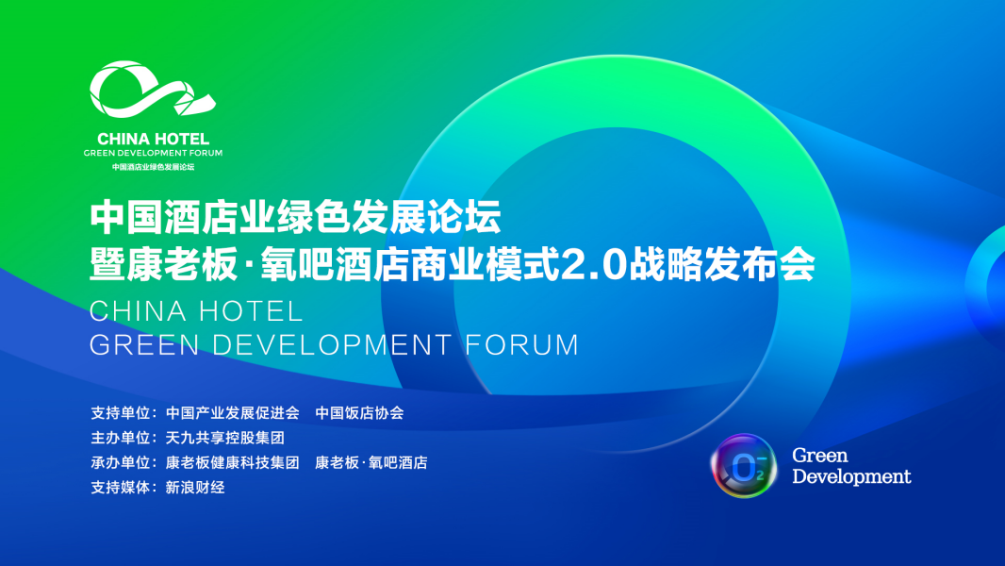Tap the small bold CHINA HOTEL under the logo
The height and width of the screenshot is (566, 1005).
(x=153, y=139)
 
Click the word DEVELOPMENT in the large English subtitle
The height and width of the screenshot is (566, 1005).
(x=332, y=344)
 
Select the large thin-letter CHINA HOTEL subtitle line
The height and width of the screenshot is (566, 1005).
(x=196, y=310)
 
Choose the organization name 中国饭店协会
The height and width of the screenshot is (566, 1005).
(x=359, y=413)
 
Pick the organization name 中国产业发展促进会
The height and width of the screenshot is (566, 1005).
(x=233, y=413)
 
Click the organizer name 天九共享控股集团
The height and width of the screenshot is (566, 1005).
(x=225, y=438)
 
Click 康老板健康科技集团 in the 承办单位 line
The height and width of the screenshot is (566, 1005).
(x=233, y=463)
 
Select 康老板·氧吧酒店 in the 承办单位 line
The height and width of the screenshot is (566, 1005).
(x=371, y=463)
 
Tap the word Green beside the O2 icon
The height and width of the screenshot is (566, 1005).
(x=820, y=456)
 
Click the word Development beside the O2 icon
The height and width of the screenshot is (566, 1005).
(x=851, y=476)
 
